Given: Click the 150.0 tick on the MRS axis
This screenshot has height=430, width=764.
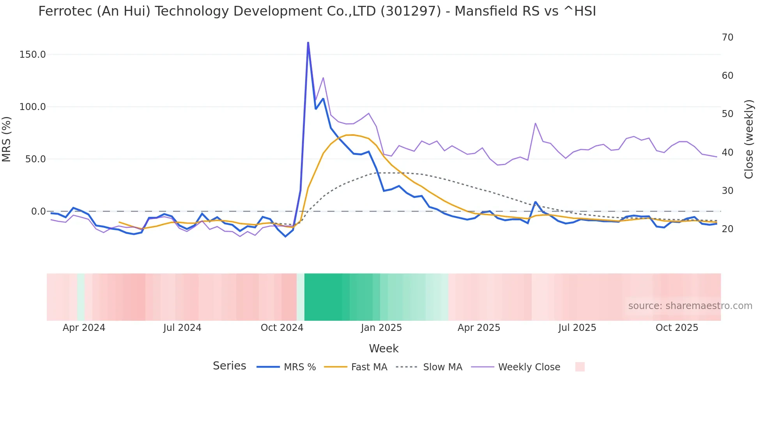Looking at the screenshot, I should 32,55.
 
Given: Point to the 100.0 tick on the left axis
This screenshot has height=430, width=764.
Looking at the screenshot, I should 32,107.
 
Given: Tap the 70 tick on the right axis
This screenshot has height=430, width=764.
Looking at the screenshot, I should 727,37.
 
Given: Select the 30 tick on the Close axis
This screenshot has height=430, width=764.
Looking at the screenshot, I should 727,191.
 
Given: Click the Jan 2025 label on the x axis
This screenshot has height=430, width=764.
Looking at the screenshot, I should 381,328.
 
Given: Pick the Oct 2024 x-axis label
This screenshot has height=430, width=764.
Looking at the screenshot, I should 282,328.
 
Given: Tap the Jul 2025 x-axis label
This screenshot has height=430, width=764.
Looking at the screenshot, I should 577,328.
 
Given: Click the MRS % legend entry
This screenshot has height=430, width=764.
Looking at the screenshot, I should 299,367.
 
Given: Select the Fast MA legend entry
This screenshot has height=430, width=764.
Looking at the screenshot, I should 369,367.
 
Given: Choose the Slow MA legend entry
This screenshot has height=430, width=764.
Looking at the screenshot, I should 442,367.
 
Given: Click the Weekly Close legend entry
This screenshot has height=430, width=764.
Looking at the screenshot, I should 529,367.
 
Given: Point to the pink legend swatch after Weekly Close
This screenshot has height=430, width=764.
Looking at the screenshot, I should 580,367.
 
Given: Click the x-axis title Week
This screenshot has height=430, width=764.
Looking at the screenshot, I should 384,348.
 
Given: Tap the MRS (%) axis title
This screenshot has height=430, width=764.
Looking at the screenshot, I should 7,139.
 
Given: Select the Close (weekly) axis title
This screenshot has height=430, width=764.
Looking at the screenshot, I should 748,139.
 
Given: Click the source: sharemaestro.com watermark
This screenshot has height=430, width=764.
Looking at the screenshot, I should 690,306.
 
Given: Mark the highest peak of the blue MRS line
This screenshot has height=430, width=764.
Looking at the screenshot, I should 308,43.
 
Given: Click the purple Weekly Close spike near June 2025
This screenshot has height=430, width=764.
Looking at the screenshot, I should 535,123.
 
